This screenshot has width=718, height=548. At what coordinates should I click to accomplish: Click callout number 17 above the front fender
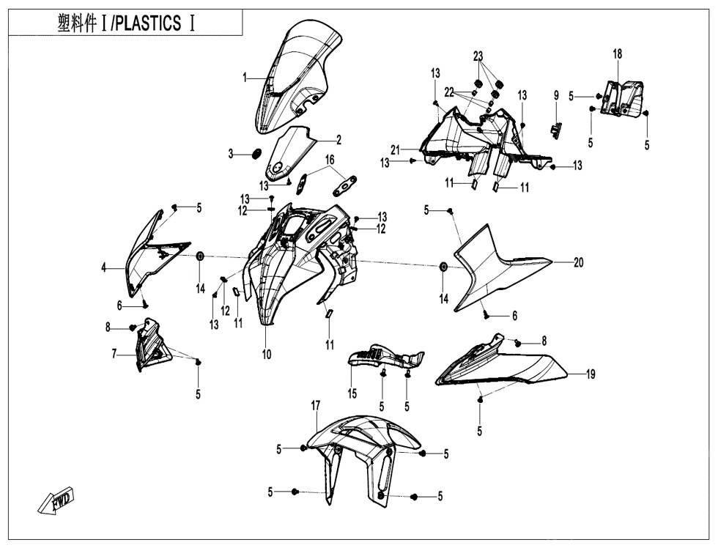[x=315, y=405]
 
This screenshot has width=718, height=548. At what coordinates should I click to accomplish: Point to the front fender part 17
[x=363, y=447]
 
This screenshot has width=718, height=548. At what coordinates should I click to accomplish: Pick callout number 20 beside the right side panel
[x=578, y=263]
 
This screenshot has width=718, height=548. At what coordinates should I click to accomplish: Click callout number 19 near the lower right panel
[x=590, y=374]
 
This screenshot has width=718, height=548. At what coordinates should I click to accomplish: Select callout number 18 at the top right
[x=618, y=54]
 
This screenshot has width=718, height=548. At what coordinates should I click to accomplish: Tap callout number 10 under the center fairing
[x=267, y=355]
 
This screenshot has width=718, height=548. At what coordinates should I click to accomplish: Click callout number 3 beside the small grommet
[x=230, y=154]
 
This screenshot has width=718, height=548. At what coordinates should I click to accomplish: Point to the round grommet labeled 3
[x=256, y=153]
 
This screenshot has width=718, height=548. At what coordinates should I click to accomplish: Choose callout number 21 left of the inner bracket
[x=395, y=149]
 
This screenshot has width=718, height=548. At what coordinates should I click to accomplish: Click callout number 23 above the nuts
[x=478, y=56]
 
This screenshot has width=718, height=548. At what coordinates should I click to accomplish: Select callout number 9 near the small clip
[x=556, y=95]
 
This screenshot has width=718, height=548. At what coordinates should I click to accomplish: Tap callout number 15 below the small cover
[x=352, y=394]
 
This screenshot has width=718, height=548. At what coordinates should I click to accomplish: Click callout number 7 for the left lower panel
[x=114, y=354]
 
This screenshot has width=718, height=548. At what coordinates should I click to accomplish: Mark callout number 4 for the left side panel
[x=104, y=269]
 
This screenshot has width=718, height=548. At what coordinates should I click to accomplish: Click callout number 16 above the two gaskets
[x=330, y=159]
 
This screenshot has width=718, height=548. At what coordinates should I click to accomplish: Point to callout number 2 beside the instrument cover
[x=338, y=140]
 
